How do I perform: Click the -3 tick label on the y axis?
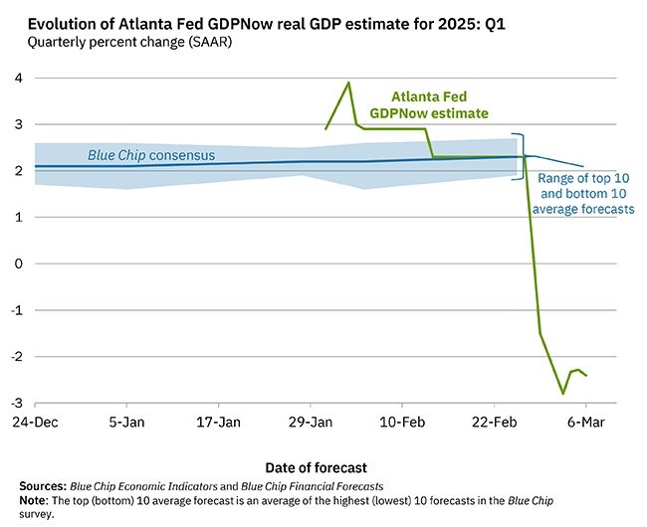pyautogui.click(x=17, y=403)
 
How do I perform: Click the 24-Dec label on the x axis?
pyautogui.click(x=35, y=422)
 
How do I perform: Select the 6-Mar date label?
pyautogui.click(x=585, y=422)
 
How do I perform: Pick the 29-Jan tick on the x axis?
pyautogui.click(x=310, y=422)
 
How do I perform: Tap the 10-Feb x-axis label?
pyautogui.click(x=401, y=422)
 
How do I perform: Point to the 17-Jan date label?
pyautogui.click(x=218, y=422)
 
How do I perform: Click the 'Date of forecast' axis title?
pyautogui.click(x=317, y=466)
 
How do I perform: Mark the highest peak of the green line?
pyautogui.click(x=348, y=83)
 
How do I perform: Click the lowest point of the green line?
pyautogui.click(x=563, y=394)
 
